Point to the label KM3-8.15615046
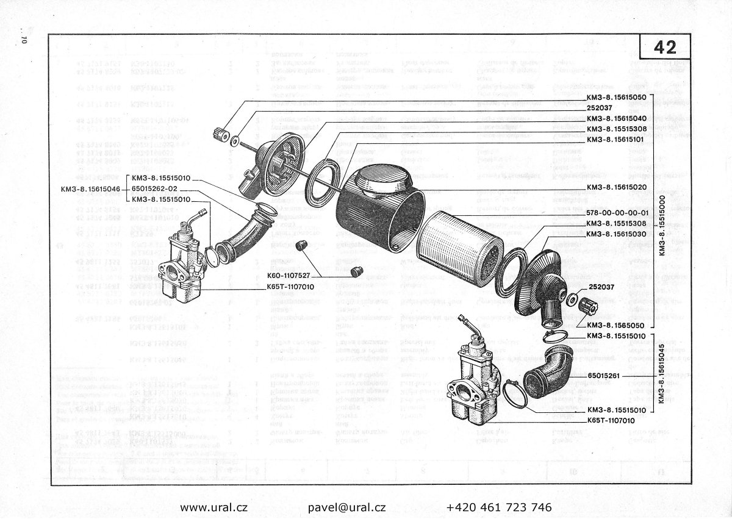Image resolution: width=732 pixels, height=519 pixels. click(x=90, y=189)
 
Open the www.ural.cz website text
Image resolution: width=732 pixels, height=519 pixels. click(x=214, y=507)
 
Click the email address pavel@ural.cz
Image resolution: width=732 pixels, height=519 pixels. click(x=346, y=507)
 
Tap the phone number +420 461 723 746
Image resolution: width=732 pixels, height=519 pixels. click(x=499, y=507)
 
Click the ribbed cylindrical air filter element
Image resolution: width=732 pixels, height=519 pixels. click(x=461, y=247)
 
